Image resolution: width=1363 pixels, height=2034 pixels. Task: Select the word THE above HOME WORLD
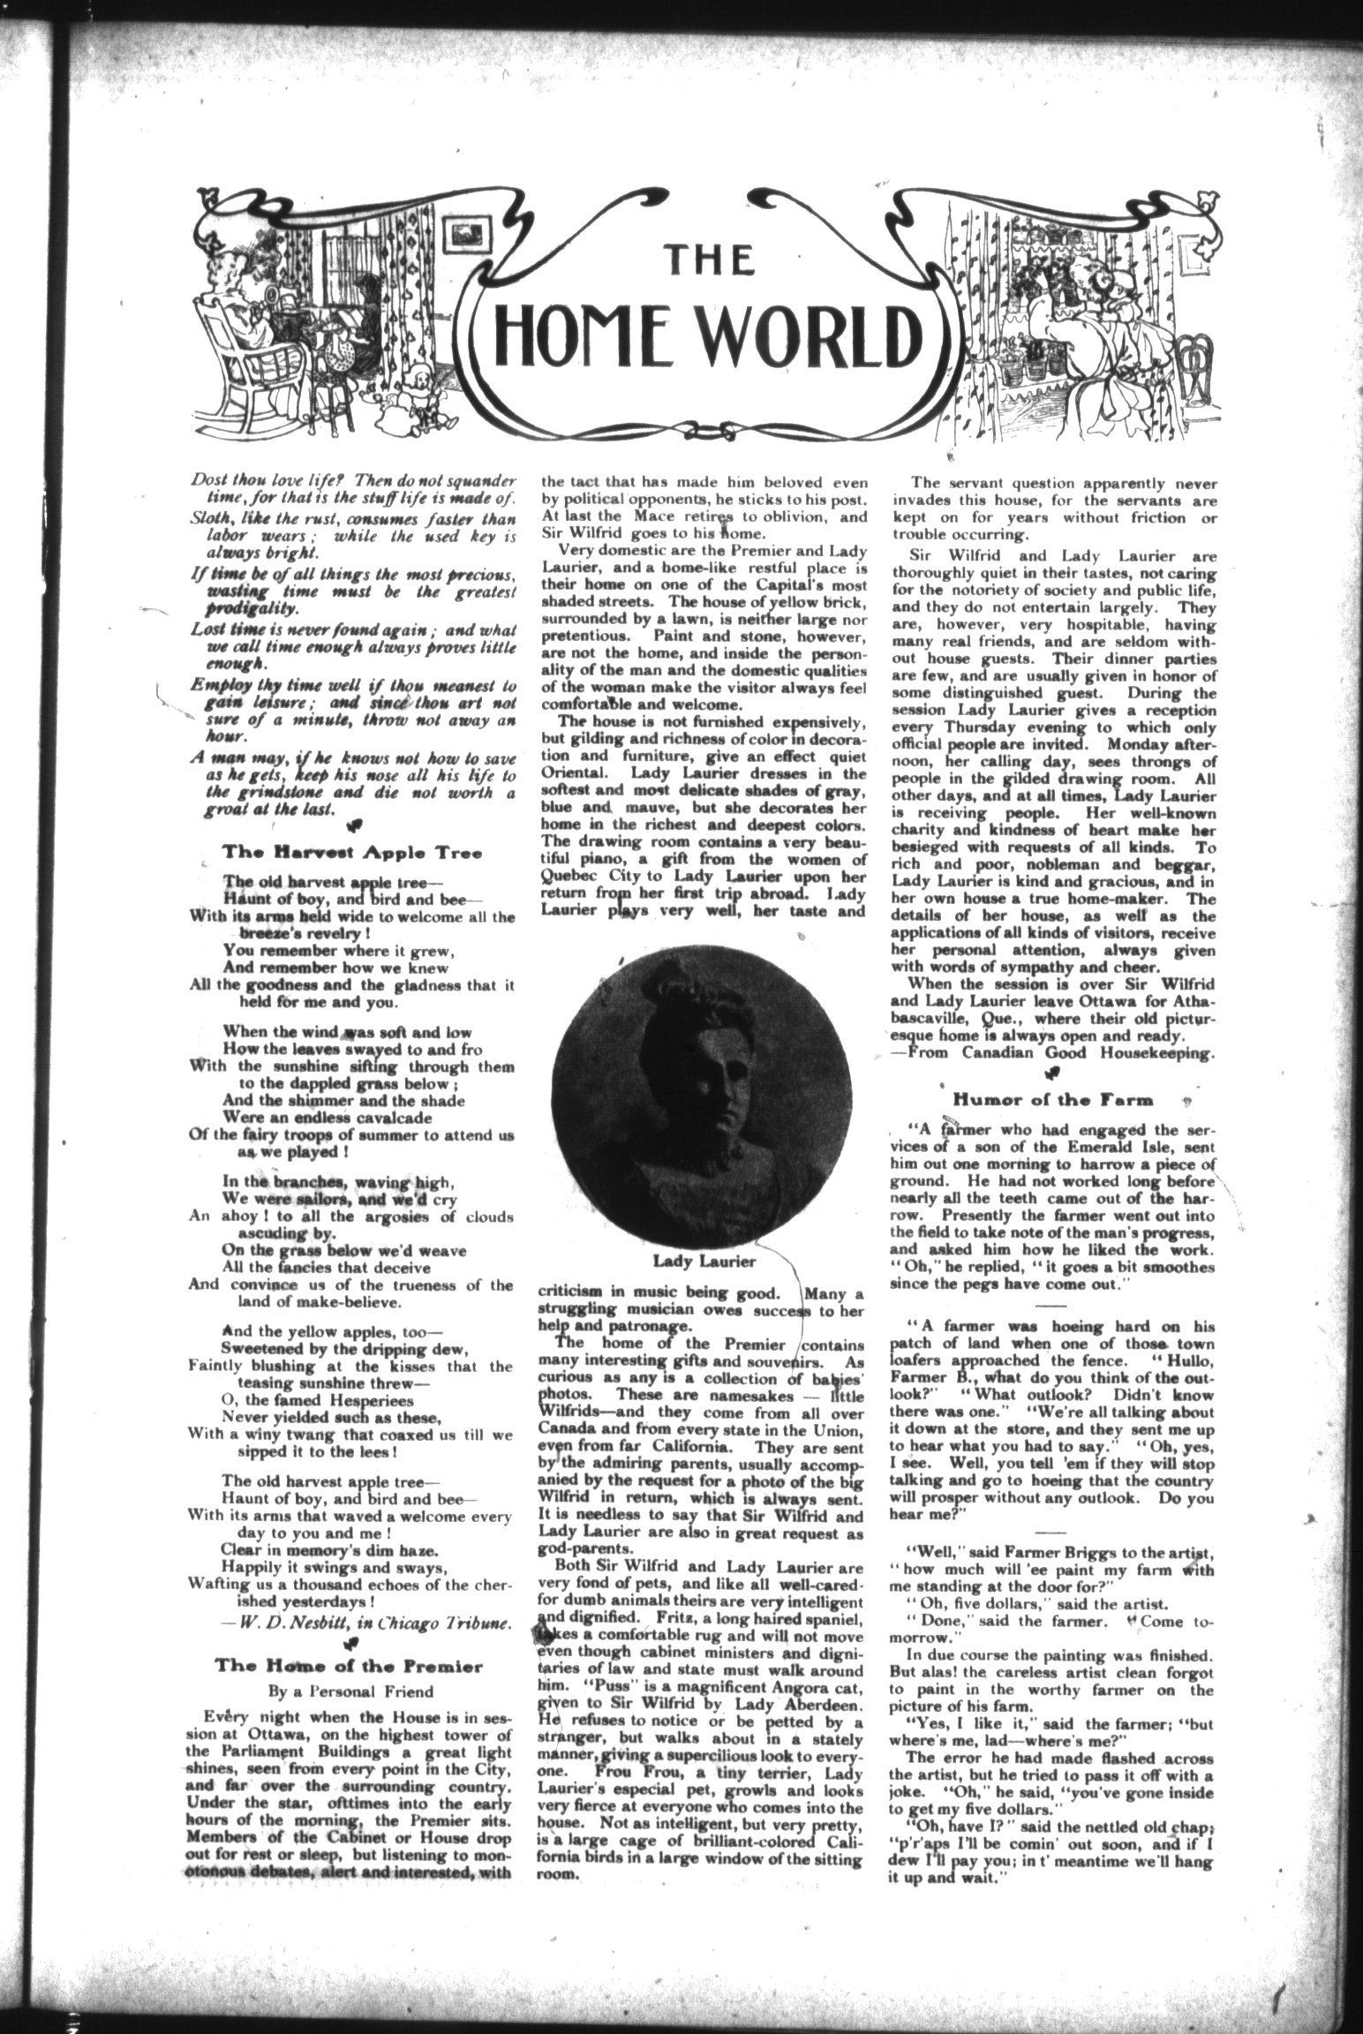coord(708,260)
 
